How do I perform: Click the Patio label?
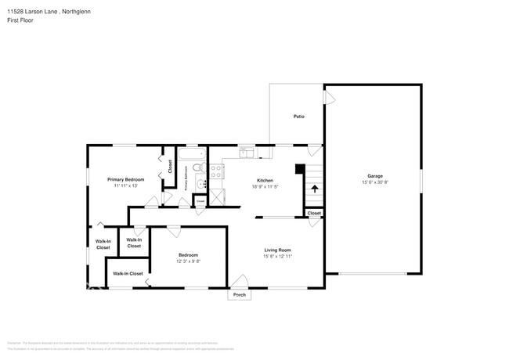(x=298, y=117)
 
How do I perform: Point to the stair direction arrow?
(x=315, y=189)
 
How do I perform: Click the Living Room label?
(x=276, y=250)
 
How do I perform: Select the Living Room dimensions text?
(x=276, y=257)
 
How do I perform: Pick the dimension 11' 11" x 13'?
(x=125, y=185)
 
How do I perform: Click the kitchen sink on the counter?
(x=246, y=152)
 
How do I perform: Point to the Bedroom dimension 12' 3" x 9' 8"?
(x=188, y=261)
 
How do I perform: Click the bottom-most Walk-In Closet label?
(x=128, y=274)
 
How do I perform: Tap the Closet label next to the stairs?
(x=314, y=213)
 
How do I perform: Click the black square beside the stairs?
(x=299, y=168)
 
